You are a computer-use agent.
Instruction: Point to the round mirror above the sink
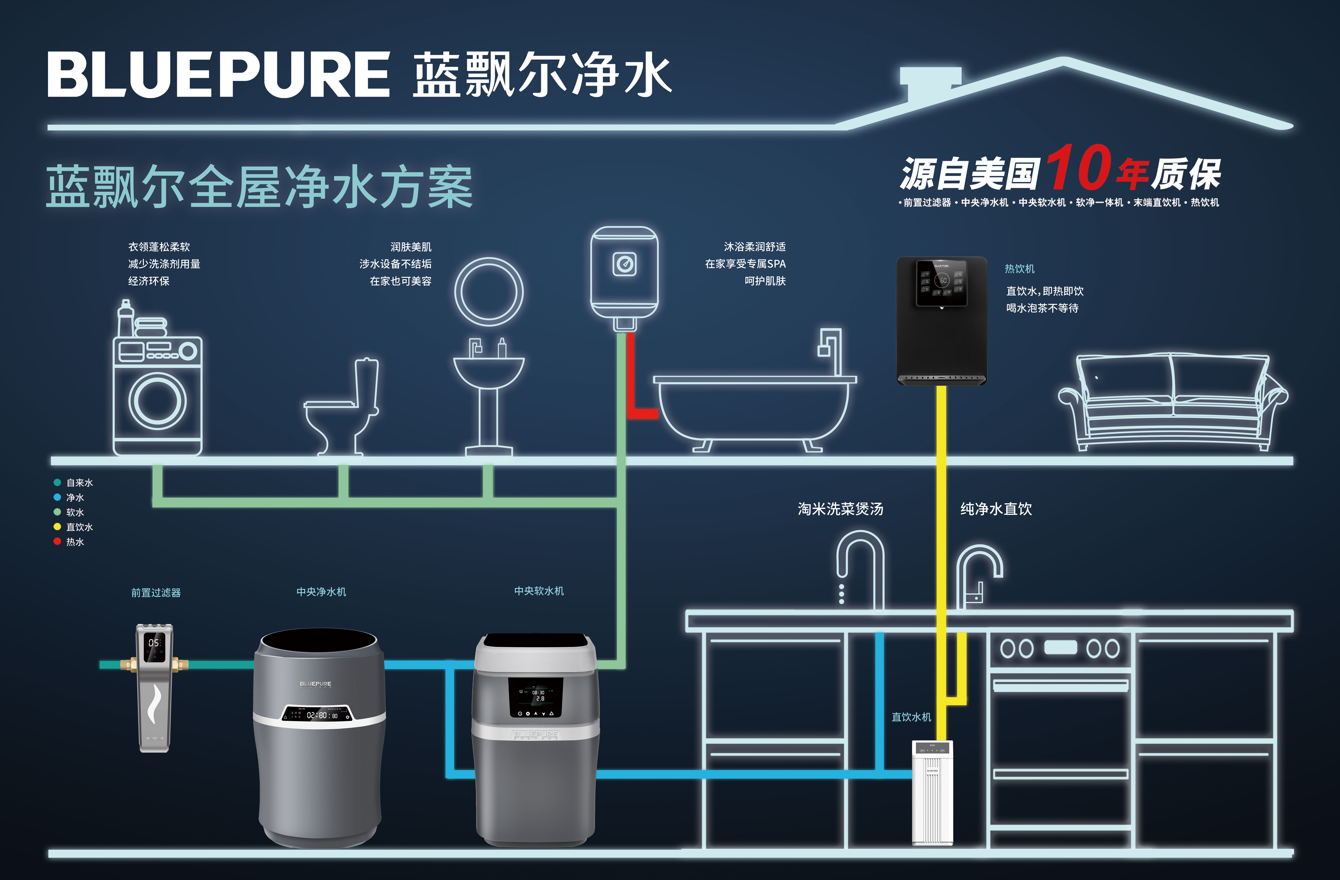[x=489, y=292]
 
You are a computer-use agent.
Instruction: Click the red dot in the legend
[x=57, y=541]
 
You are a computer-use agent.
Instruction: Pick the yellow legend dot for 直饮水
[x=57, y=527]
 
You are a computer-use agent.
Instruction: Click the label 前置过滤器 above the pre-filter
[x=156, y=593]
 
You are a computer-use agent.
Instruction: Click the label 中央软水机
[x=539, y=591]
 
